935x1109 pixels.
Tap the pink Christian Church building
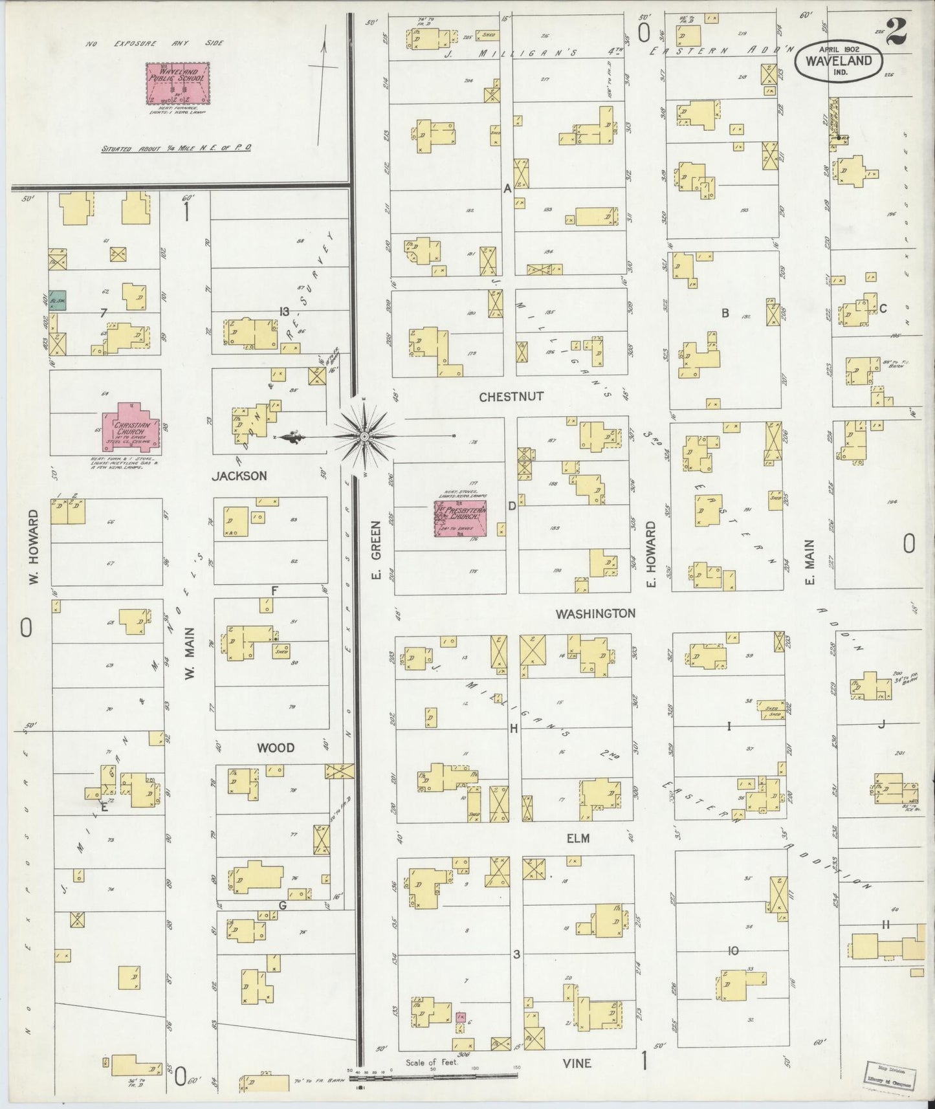133,427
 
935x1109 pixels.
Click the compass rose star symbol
366,437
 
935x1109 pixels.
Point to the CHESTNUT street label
511,397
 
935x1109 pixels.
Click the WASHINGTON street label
595,613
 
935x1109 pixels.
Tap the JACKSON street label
239,476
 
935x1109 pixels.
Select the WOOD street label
276,747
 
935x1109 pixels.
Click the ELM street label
578,838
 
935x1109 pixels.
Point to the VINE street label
577,1063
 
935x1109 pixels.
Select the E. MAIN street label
808,563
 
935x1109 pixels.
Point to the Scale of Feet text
432,1062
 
